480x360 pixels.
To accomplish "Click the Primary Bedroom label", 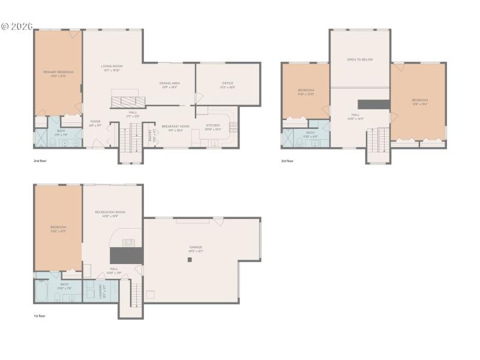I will [58, 72].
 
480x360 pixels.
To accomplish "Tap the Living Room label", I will [112, 66].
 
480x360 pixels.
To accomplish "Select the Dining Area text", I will [169, 83].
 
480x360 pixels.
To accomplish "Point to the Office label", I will [227, 83].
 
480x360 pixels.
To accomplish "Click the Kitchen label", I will [213, 125].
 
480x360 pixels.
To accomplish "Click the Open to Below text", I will [360, 59].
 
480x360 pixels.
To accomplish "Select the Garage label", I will [196, 247].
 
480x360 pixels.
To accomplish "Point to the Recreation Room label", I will [110, 212].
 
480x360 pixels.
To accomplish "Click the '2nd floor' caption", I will [40, 161].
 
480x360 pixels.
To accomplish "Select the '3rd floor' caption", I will [287, 161].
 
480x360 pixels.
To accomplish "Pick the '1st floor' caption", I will [40, 316].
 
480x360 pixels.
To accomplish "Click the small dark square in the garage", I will [190, 260].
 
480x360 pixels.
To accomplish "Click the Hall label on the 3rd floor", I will [355, 115].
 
